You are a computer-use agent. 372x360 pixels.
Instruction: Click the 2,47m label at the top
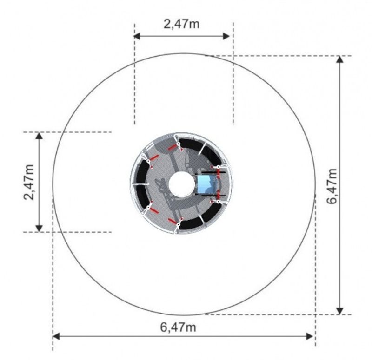coord(181,24)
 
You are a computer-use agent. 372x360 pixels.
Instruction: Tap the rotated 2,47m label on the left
coord(29,182)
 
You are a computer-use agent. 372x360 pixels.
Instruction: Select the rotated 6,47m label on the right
coord(332,186)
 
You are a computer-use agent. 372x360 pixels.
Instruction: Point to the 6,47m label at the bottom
coord(178,327)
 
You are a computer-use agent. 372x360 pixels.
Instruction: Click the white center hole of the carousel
coord(181,184)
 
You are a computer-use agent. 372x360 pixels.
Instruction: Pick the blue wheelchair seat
coord(206,184)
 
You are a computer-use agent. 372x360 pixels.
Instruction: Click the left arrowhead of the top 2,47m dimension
coord(137,36)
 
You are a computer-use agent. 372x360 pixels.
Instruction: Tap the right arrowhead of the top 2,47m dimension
coord(226,36)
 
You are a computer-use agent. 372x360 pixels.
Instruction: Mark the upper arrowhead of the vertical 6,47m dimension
coord(340,59)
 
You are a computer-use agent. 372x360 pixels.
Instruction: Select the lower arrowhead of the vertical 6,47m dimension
coord(340,311)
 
